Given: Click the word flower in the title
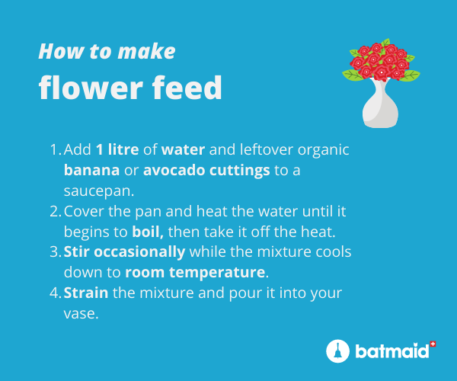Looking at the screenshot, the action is (x=91, y=88).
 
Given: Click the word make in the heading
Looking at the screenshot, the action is (x=146, y=52).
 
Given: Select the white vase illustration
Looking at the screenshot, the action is (x=380, y=103).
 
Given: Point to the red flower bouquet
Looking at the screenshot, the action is (x=382, y=60).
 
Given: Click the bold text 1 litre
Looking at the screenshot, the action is (x=117, y=149).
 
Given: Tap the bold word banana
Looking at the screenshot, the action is (x=91, y=170).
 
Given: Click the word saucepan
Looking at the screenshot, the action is (x=99, y=191).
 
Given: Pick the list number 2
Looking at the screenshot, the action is (x=55, y=211).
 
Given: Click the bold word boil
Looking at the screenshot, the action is (x=148, y=232).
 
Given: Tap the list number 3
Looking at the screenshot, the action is (x=55, y=252).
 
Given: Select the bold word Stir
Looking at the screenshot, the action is (x=77, y=252).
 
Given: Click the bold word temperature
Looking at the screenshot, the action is (x=217, y=273).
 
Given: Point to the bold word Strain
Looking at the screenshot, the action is (x=86, y=293).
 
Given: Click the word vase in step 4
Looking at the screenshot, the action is (x=81, y=314).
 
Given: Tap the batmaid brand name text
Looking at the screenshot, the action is (x=392, y=351).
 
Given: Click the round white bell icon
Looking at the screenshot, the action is (x=337, y=351).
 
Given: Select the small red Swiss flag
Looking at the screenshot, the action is (x=433, y=344).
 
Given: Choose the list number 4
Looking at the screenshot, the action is (x=55, y=293).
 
